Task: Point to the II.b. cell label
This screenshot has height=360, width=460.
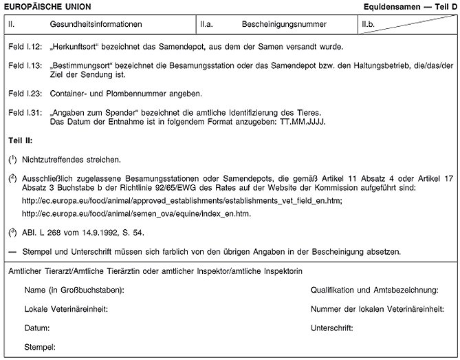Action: [369, 25]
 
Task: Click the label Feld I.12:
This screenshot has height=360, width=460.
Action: [25, 47]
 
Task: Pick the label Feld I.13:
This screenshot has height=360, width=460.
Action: [25, 65]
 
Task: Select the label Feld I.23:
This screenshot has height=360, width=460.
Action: [25, 92]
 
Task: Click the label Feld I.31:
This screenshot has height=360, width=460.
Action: [25, 112]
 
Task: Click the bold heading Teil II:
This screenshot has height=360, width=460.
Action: [21, 140]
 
